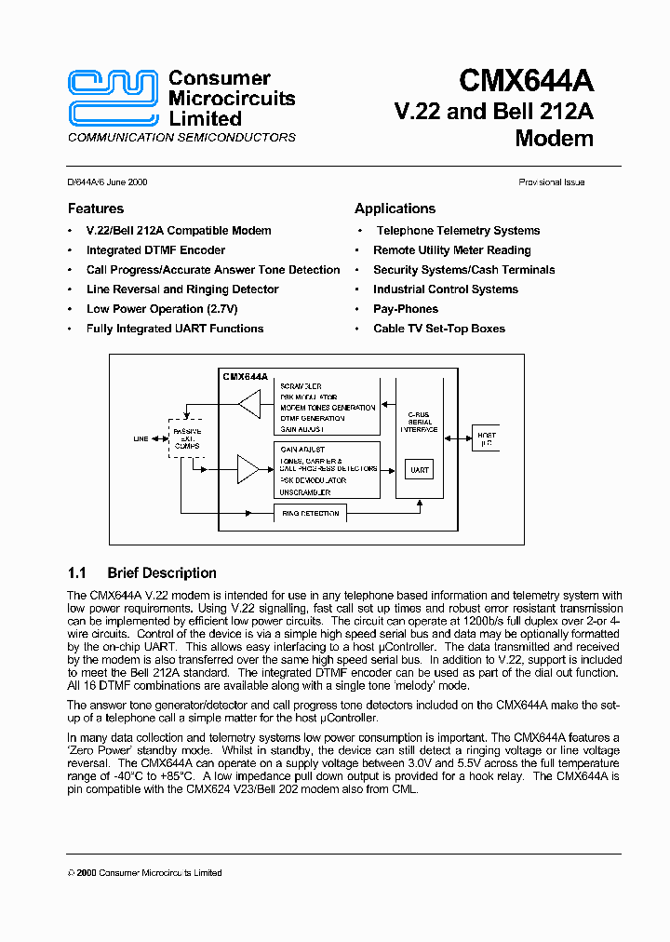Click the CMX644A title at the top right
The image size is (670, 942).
(526, 82)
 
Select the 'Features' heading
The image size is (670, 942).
(96, 209)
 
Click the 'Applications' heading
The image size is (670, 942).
(395, 209)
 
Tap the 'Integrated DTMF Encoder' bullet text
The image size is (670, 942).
(155, 250)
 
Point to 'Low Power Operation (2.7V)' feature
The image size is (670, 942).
(162, 309)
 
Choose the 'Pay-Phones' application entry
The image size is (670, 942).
(406, 309)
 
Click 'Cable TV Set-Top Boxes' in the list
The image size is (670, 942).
(439, 329)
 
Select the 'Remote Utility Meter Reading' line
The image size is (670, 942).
(452, 250)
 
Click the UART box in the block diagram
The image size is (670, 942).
(420, 470)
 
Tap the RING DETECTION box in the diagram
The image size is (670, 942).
(309, 513)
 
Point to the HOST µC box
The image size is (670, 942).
(486, 439)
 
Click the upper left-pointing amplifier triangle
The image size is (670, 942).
(248, 405)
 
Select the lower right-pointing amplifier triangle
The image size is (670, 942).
(248, 470)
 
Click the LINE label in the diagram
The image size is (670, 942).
(141, 439)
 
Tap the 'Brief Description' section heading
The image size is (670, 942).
(161, 573)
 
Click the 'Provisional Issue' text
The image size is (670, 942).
(551, 182)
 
